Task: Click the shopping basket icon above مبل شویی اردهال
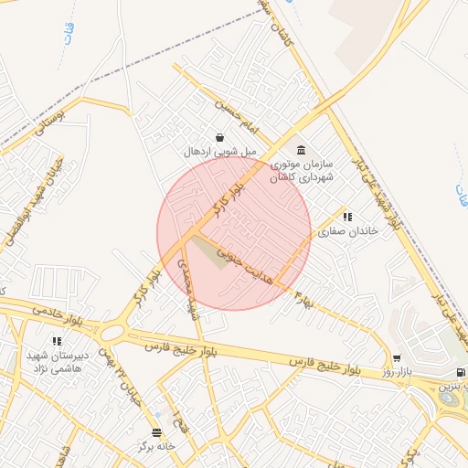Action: [219, 138]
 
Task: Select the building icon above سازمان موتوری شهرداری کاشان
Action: [301, 151]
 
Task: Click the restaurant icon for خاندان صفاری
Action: [347, 217]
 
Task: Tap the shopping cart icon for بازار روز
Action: [397, 357]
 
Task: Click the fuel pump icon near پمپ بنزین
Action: [459, 372]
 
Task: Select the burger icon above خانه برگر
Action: [156, 431]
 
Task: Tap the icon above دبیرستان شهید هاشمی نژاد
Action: [58, 341]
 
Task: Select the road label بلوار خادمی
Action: [54, 311]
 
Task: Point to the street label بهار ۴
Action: [303, 295]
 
